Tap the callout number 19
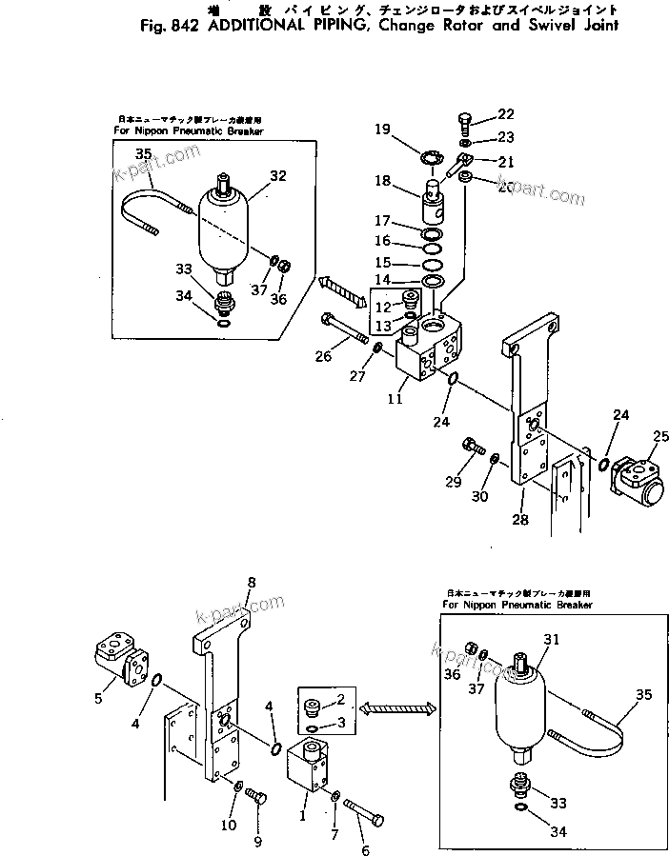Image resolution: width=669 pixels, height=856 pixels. [x=382, y=129]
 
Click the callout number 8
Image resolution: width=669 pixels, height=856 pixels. [x=252, y=582]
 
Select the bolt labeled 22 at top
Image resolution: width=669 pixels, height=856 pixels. [x=463, y=121]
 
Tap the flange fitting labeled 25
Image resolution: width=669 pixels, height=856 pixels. [x=636, y=477]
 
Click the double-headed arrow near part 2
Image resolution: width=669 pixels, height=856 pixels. [x=397, y=707]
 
